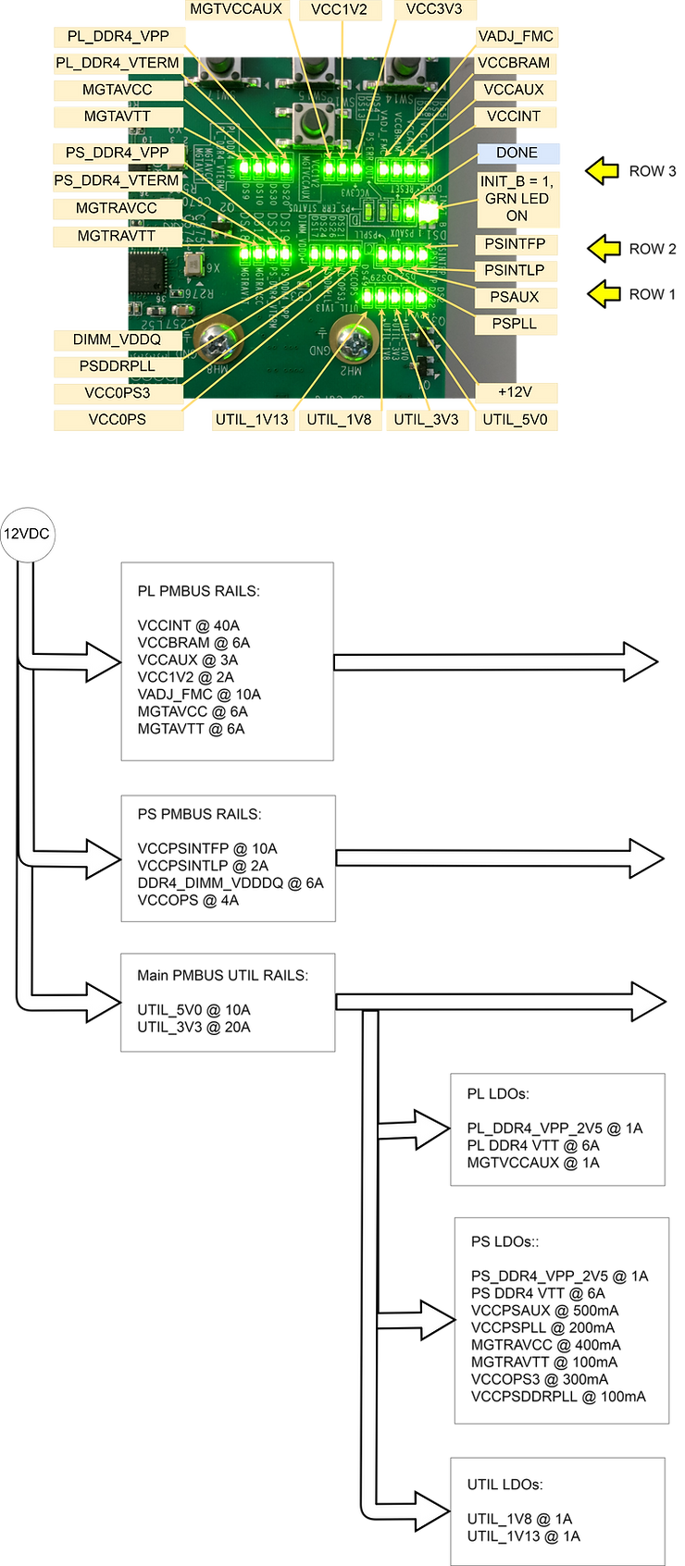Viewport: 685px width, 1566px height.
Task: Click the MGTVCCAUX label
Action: click(235, 10)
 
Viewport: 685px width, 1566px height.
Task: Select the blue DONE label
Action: click(517, 153)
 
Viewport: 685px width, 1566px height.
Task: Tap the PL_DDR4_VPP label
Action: click(118, 37)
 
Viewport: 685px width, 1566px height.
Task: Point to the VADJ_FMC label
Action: click(516, 37)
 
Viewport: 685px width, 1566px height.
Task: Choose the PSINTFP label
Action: click(516, 244)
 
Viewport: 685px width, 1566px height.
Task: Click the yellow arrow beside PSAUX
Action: click(604, 294)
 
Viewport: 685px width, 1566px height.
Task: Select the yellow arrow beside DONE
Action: click(603, 170)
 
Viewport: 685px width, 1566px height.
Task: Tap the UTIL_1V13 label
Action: click(253, 420)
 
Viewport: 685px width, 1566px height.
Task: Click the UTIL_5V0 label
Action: click(516, 420)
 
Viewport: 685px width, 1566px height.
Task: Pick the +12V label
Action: click(516, 392)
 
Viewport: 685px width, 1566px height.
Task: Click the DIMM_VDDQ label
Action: click(117, 339)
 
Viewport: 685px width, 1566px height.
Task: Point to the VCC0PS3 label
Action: click(117, 393)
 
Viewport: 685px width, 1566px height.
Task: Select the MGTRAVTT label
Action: click(117, 236)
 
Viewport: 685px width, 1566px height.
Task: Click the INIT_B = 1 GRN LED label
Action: click(517, 199)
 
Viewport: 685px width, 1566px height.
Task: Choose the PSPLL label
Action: click(516, 325)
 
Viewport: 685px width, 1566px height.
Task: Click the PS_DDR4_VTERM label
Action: click(117, 180)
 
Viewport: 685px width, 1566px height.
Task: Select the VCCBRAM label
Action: click(516, 64)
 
